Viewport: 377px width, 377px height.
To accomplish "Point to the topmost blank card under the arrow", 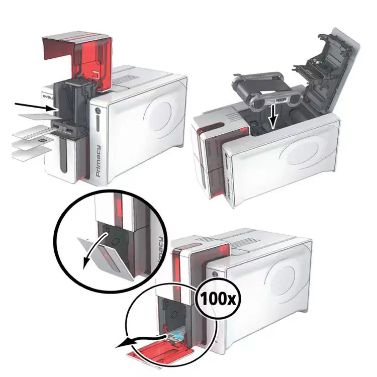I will (35, 117).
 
